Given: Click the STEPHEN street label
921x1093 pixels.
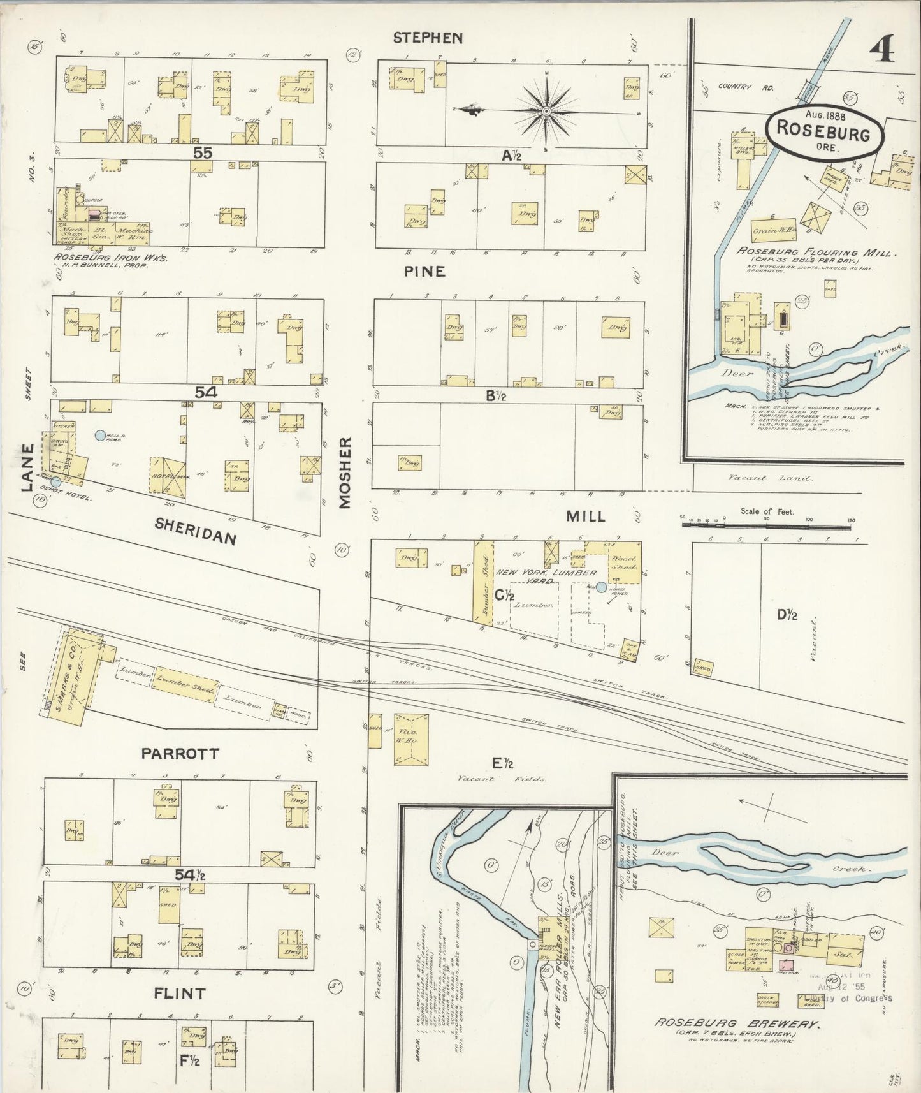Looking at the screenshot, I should click(428, 38).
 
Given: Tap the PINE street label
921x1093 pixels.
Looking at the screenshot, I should click(424, 272).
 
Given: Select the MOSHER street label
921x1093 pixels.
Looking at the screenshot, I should click(345, 473).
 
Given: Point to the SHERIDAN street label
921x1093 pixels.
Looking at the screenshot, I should click(196, 531).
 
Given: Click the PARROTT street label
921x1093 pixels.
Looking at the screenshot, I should click(180, 754).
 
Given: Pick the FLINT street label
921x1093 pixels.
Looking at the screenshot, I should click(180, 993).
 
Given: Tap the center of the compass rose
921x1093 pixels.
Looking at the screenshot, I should click(546, 112).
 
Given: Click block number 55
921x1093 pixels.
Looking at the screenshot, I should click(203, 153).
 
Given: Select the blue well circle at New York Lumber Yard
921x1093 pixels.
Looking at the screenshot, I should click(601, 587).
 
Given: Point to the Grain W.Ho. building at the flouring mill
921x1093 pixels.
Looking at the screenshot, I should click(770, 231).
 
